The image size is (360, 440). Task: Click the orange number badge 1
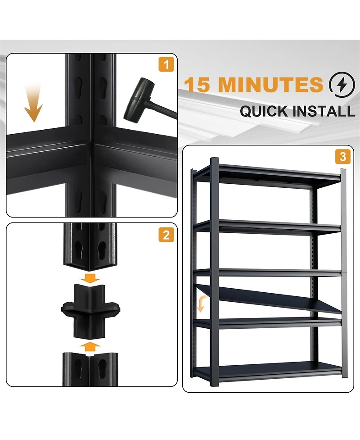click(166, 65)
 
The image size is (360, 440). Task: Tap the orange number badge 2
click(166, 235)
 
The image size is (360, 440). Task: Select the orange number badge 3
click(343, 157)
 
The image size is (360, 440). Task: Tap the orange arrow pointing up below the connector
click(92, 346)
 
